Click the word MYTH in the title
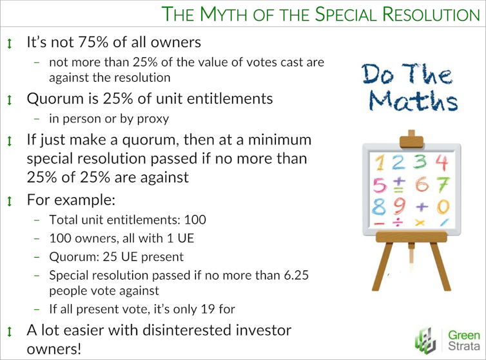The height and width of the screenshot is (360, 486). (223, 14)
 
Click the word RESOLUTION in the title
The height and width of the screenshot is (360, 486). (431, 14)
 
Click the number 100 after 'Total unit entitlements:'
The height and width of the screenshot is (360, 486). (195, 220)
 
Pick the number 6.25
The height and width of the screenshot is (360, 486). (296, 275)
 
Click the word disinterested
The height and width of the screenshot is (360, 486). (186, 330)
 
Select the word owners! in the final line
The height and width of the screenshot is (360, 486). (54, 349)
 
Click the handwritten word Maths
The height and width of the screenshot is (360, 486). (413, 100)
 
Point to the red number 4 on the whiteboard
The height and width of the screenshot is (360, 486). (442, 162)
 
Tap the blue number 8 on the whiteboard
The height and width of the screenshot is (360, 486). (379, 207)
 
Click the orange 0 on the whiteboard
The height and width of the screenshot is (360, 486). (443, 207)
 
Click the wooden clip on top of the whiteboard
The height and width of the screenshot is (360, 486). (411, 139)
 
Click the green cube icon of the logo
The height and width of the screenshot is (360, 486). (426, 341)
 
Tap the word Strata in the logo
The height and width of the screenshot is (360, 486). (463, 346)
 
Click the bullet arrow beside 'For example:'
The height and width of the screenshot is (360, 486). (10, 202)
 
